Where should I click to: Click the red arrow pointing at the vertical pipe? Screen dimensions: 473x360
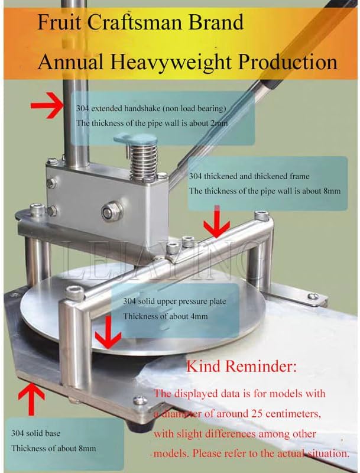coord(48,107)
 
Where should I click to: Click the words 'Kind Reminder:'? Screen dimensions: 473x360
coord(241,367)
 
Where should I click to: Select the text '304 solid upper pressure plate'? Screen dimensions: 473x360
coord(174,301)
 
